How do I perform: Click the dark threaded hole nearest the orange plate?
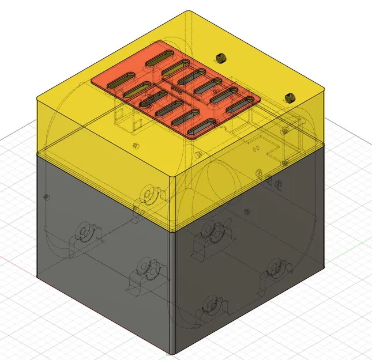pos(220,58)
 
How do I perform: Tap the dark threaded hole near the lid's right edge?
pos(290,97)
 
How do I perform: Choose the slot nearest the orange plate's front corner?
pos(201,127)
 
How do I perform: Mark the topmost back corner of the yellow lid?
pos(186,12)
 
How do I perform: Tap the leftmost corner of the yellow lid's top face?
pos(38,98)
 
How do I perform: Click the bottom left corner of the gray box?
pos(39,277)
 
